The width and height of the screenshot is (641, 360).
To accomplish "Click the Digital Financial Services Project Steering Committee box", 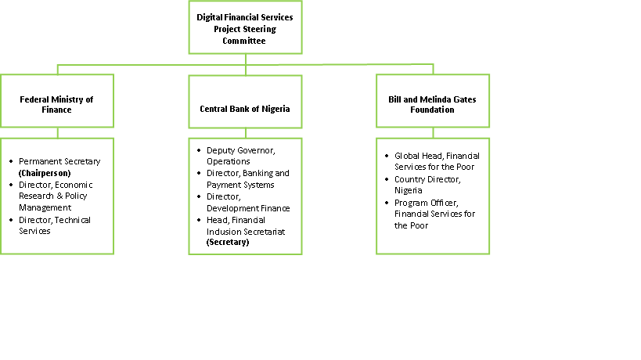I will click(x=245, y=27).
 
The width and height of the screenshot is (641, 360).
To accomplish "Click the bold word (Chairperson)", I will click(x=45, y=172).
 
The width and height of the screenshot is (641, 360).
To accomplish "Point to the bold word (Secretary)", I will click(x=228, y=243).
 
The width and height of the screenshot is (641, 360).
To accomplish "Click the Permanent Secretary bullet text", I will click(x=59, y=161).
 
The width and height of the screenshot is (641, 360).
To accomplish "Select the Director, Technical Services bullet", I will click(x=54, y=225).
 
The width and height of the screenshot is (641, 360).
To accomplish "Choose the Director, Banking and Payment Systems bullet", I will click(x=247, y=178).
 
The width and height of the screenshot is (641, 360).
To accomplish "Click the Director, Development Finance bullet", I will click(x=247, y=202).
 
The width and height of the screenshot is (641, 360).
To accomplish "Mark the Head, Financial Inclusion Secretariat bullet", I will click(x=247, y=225).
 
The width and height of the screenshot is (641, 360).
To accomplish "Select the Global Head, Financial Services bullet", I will click(x=436, y=161).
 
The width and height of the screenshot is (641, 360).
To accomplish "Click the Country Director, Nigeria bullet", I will click(x=427, y=185).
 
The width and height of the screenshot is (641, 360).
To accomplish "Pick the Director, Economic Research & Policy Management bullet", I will click(x=59, y=196).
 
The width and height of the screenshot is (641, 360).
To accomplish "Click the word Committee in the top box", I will click(x=244, y=41).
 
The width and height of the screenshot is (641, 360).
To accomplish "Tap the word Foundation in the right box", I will click(x=433, y=110).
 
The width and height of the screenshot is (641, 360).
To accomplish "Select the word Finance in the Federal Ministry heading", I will click(x=57, y=110).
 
